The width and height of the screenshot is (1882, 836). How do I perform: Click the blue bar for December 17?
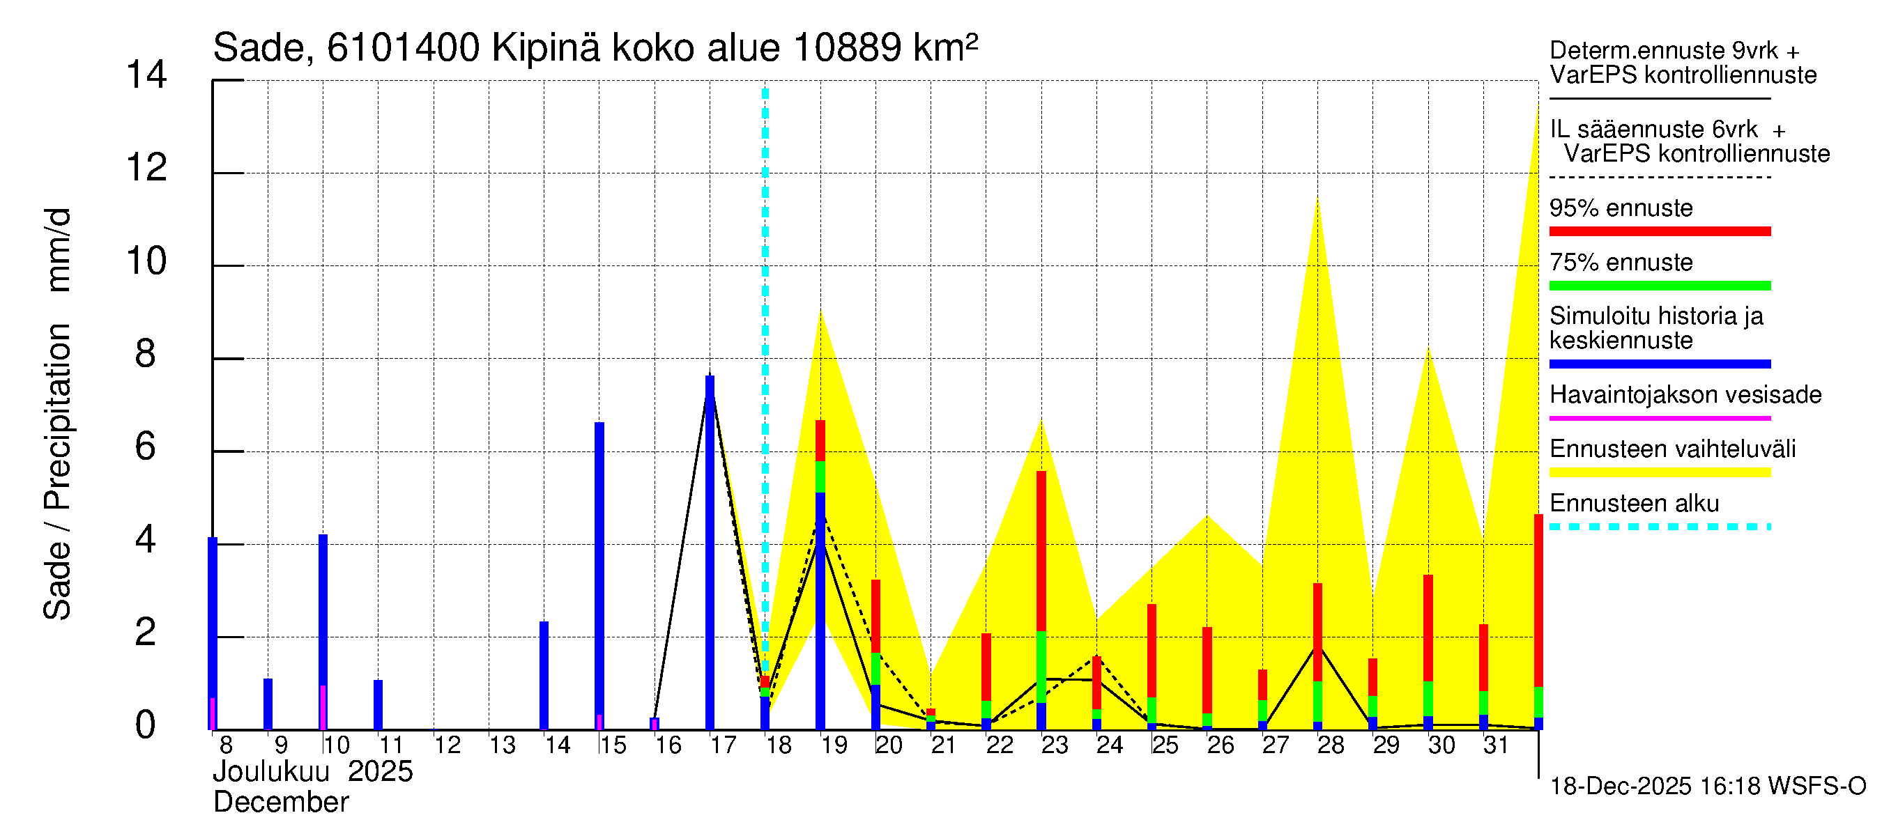click(710, 552)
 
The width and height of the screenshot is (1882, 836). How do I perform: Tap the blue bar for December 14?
click(544, 674)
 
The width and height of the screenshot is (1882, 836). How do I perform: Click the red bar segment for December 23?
click(1041, 551)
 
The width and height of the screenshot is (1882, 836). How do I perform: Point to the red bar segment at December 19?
click(820, 440)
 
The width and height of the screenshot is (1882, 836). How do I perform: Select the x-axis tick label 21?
click(943, 745)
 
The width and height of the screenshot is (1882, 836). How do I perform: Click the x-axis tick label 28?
click(1331, 745)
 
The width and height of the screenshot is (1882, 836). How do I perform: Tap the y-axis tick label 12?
click(146, 169)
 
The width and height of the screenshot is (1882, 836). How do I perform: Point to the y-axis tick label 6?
click(146, 447)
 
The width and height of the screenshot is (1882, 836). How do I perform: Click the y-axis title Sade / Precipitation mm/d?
click(57, 414)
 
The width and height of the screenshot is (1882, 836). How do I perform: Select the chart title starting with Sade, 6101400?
click(595, 48)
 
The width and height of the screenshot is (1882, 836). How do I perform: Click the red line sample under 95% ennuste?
click(1659, 231)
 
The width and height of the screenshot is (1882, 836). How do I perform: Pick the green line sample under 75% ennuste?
click(1659, 286)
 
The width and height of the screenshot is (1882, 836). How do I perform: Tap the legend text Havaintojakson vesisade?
click(1685, 395)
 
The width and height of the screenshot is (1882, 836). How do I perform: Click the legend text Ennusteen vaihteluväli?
click(1671, 449)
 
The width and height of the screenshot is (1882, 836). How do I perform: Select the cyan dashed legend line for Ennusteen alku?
click(1659, 527)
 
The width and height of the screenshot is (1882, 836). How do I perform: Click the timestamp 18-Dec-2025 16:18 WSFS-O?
click(1707, 787)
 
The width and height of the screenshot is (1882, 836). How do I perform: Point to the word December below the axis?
click(280, 803)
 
